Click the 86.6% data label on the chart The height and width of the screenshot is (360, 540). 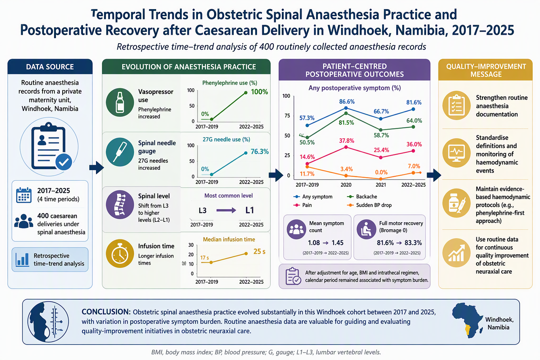[x=347, y=102]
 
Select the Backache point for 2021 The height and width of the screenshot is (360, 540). [x=381, y=130]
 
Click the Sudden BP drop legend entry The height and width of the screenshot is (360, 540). [x=369, y=205]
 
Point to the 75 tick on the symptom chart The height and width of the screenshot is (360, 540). [x=287, y=116]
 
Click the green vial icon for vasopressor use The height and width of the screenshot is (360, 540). [x=120, y=102]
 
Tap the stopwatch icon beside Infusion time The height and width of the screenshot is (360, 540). [x=120, y=253]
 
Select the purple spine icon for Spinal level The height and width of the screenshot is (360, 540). [x=120, y=205]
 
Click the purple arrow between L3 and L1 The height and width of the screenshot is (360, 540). [x=226, y=210]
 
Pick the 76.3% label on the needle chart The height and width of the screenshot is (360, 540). [x=260, y=152]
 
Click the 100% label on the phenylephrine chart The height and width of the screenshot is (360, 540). [x=259, y=92]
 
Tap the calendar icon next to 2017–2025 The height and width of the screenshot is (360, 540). [x=24, y=195]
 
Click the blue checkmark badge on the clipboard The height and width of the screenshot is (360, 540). [x=64, y=162]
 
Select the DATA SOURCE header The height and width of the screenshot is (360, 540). [x=50, y=67]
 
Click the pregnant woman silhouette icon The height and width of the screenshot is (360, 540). [x=48, y=322]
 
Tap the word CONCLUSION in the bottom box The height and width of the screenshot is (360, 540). [x=106, y=312]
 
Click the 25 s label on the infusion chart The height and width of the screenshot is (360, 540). [x=259, y=251]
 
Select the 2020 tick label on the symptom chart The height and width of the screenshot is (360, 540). [x=346, y=185]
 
